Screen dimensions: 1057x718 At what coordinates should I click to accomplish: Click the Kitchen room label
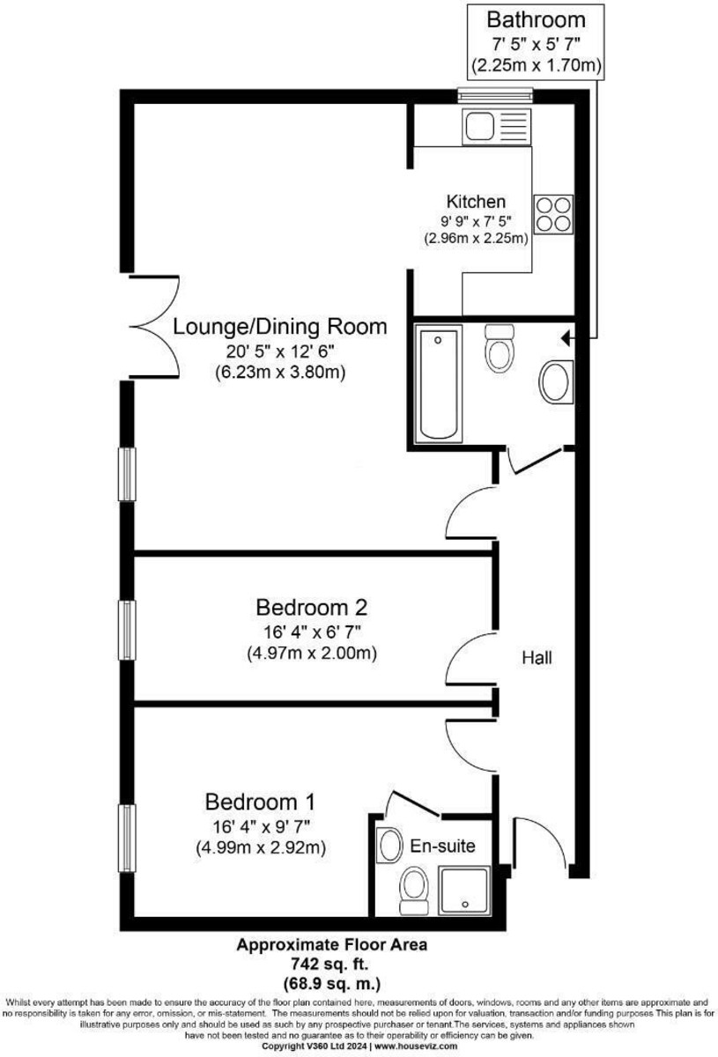[x=476, y=201]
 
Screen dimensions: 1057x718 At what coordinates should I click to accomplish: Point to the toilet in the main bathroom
[x=499, y=349]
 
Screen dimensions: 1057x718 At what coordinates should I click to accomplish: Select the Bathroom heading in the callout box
[x=536, y=18]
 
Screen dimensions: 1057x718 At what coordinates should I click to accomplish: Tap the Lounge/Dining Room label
[x=280, y=327]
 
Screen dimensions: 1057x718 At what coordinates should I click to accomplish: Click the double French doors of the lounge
[x=154, y=326]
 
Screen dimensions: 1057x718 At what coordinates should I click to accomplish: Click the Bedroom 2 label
[x=311, y=607]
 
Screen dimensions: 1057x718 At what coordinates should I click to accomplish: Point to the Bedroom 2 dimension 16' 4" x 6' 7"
[x=311, y=632]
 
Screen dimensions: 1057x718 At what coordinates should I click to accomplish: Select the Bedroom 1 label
[x=260, y=802]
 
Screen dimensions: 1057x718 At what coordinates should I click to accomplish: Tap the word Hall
[x=537, y=657]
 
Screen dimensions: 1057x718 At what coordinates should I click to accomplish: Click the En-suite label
[x=443, y=846]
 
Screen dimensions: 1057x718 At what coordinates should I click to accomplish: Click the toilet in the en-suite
[x=412, y=888]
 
